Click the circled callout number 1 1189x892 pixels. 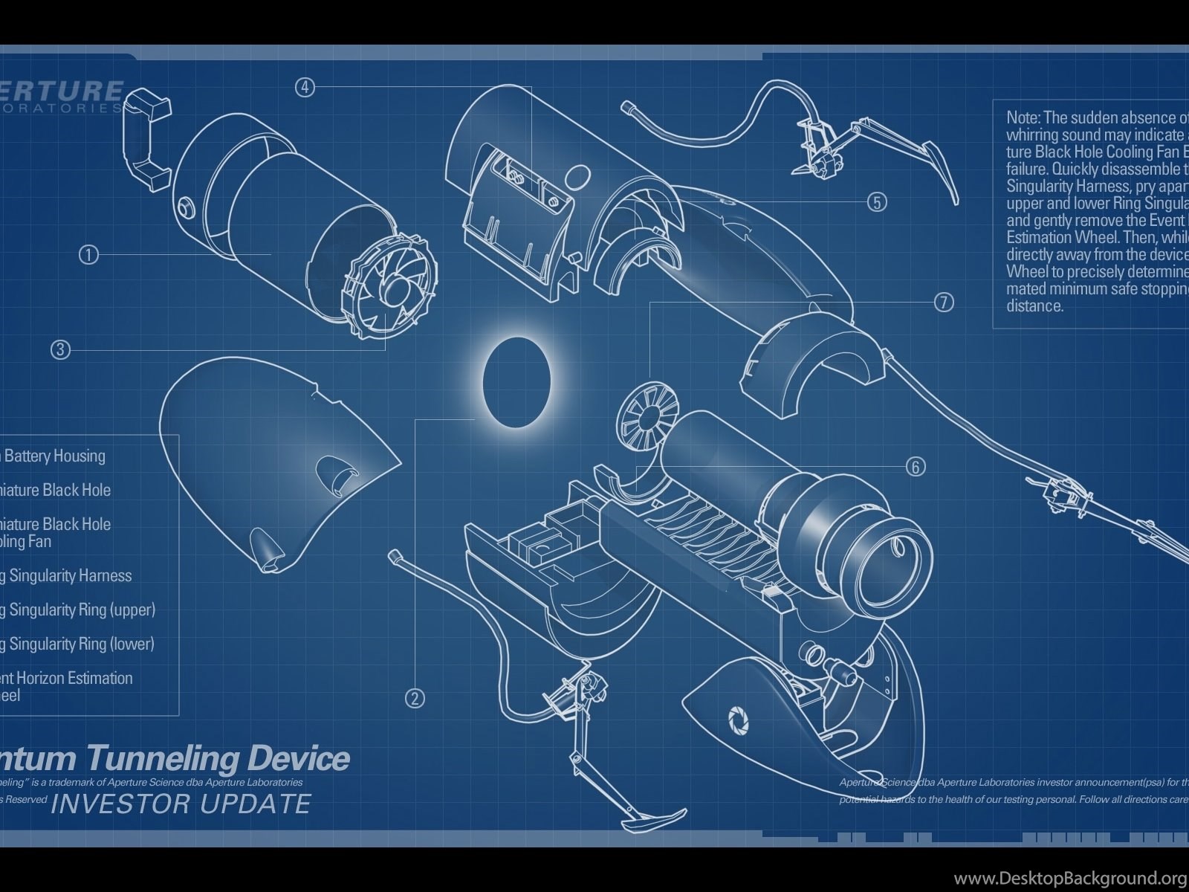click(88, 255)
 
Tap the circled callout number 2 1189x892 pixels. click(415, 697)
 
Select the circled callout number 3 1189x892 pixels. click(60, 349)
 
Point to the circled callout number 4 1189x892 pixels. click(305, 87)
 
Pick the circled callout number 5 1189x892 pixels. click(877, 201)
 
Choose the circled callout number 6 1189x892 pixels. click(916, 466)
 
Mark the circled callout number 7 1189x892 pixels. click(943, 302)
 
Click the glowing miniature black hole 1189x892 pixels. click(516, 382)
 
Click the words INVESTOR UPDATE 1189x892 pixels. click(181, 804)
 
